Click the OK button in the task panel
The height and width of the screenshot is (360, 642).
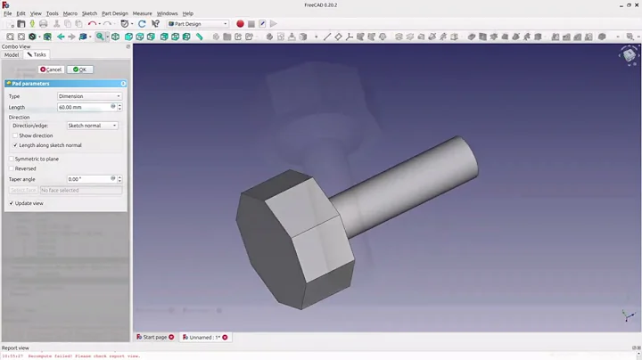point(78,69)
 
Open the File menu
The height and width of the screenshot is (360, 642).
point(8,13)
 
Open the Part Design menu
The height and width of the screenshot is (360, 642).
point(114,13)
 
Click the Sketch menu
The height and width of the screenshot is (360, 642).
point(89,13)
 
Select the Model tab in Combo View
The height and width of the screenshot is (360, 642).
point(12,54)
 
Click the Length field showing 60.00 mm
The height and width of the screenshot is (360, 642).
point(85,107)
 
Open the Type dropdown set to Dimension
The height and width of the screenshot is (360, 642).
point(89,96)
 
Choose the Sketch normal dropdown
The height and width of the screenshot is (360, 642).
point(92,126)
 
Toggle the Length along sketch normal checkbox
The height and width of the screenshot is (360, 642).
point(15,145)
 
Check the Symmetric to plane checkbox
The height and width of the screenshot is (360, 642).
point(12,159)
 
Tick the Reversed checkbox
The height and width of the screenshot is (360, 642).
point(12,168)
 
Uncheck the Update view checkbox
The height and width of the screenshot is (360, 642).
point(12,203)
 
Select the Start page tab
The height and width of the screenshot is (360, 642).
point(154,338)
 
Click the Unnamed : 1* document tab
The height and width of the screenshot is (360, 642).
point(202,338)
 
